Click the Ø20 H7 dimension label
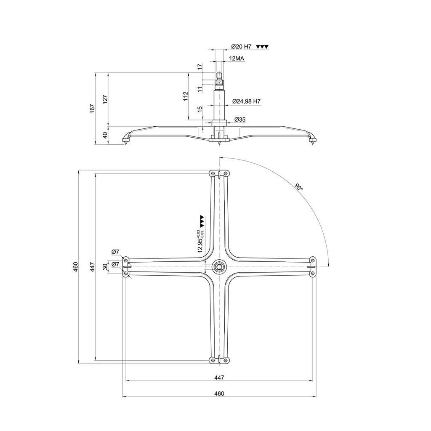[241, 47]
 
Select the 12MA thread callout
[237, 59]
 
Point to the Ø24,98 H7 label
[246, 101]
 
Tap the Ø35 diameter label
[240, 120]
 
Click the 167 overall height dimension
[92, 108]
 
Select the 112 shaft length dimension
[186, 96]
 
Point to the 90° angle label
[299, 187]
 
